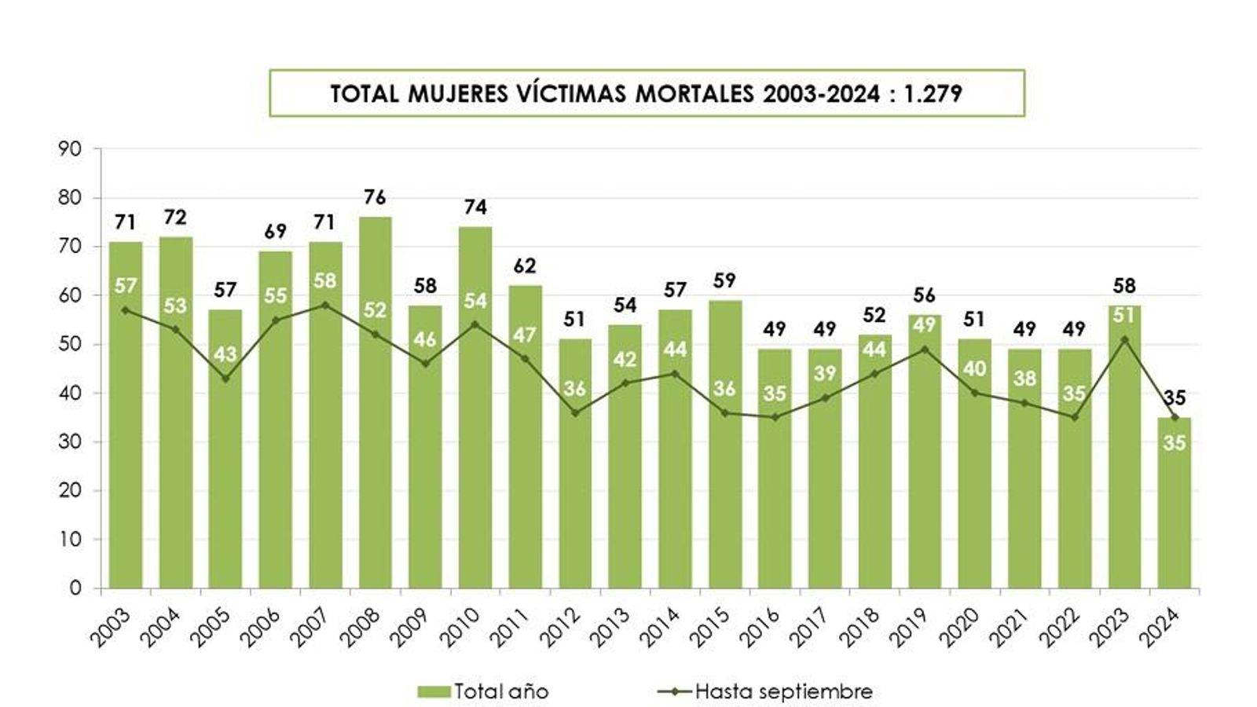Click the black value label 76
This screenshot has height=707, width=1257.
click(x=375, y=197)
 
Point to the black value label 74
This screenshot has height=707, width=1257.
click(x=475, y=207)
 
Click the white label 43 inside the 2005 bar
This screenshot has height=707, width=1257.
click(x=225, y=354)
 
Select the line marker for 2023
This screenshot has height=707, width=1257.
click(x=1124, y=339)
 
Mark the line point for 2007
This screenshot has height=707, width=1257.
click(x=325, y=305)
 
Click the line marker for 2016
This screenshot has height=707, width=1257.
click(x=775, y=417)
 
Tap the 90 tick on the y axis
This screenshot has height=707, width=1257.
click(x=70, y=149)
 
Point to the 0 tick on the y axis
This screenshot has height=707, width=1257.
click(x=75, y=588)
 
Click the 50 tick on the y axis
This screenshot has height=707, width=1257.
click(x=70, y=344)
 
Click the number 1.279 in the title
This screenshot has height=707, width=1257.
click(x=933, y=93)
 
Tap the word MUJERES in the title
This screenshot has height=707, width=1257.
click(x=455, y=93)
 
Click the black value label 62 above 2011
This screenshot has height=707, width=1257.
click(x=524, y=266)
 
